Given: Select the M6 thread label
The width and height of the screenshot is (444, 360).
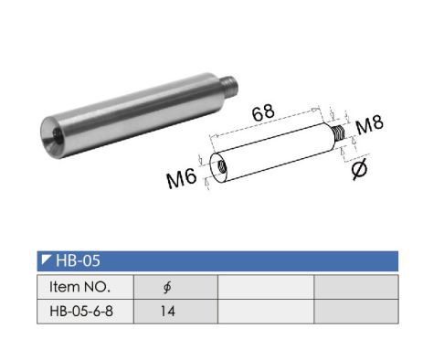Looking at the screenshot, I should pyautogui.click(x=183, y=179).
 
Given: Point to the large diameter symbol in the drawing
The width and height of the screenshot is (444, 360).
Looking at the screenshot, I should pyautogui.click(x=359, y=168).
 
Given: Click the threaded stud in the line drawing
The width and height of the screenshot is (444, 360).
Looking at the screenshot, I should pyautogui.click(x=343, y=135).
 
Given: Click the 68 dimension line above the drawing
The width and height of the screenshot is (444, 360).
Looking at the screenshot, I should pyautogui.click(x=270, y=126).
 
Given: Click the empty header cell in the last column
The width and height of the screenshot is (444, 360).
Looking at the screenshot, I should pyautogui.click(x=356, y=286).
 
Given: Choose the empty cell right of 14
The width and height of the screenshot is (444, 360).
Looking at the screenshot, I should pyautogui.click(x=265, y=311).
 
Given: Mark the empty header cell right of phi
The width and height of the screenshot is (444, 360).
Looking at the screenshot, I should pyautogui.click(x=265, y=286).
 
